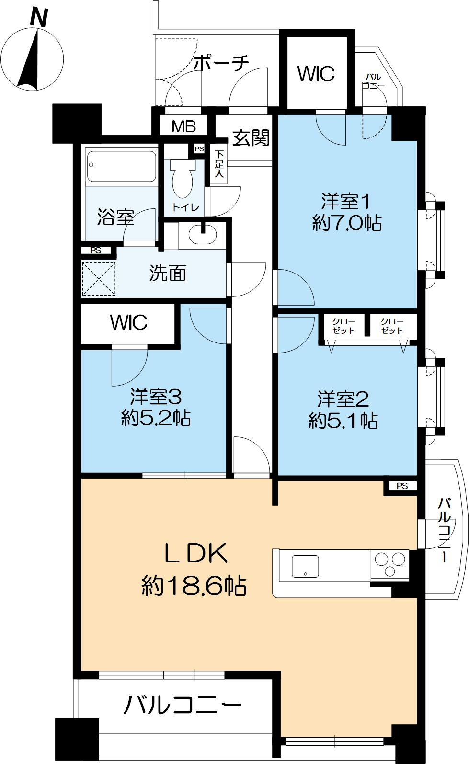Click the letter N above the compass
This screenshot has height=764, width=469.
(x=39, y=18)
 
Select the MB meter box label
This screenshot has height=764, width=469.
(x=183, y=126)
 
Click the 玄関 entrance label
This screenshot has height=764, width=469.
(x=251, y=138)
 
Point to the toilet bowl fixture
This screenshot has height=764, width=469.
(x=183, y=178)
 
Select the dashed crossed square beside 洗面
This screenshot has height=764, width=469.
(x=99, y=279)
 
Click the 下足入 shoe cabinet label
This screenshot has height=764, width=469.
(x=219, y=163)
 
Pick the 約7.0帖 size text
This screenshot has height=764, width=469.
(x=346, y=223)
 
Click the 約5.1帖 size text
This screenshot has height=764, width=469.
(x=343, y=421)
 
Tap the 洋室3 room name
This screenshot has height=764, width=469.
(x=156, y=397)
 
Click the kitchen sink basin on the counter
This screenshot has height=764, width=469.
(x=305, y=566)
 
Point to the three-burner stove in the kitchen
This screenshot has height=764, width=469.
(x=390, y=564)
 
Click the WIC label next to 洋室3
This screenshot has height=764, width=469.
(x=128, y=322)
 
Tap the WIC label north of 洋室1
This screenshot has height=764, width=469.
(x=316, y=74)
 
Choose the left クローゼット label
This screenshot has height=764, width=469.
(x=343, y=326)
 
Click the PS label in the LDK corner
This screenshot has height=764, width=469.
(x=402, y=486)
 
